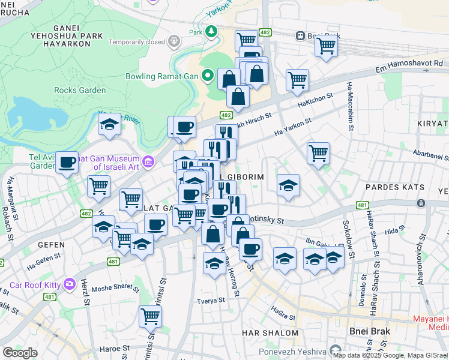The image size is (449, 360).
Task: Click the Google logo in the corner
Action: pos(20,353)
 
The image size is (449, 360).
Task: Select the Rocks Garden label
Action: pos(80,91)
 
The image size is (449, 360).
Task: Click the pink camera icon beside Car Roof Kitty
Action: pos(70,283)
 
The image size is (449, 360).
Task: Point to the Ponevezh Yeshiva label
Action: pos(292,351)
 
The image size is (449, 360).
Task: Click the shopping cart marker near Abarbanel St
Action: pos(318,152)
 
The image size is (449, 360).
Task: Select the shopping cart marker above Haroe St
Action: pos(150,316)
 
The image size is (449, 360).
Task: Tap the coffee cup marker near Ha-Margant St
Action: pos(67,161)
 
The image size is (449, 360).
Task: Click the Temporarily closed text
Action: pos(136,42)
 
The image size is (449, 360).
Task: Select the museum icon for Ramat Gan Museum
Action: pos(149,160)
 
